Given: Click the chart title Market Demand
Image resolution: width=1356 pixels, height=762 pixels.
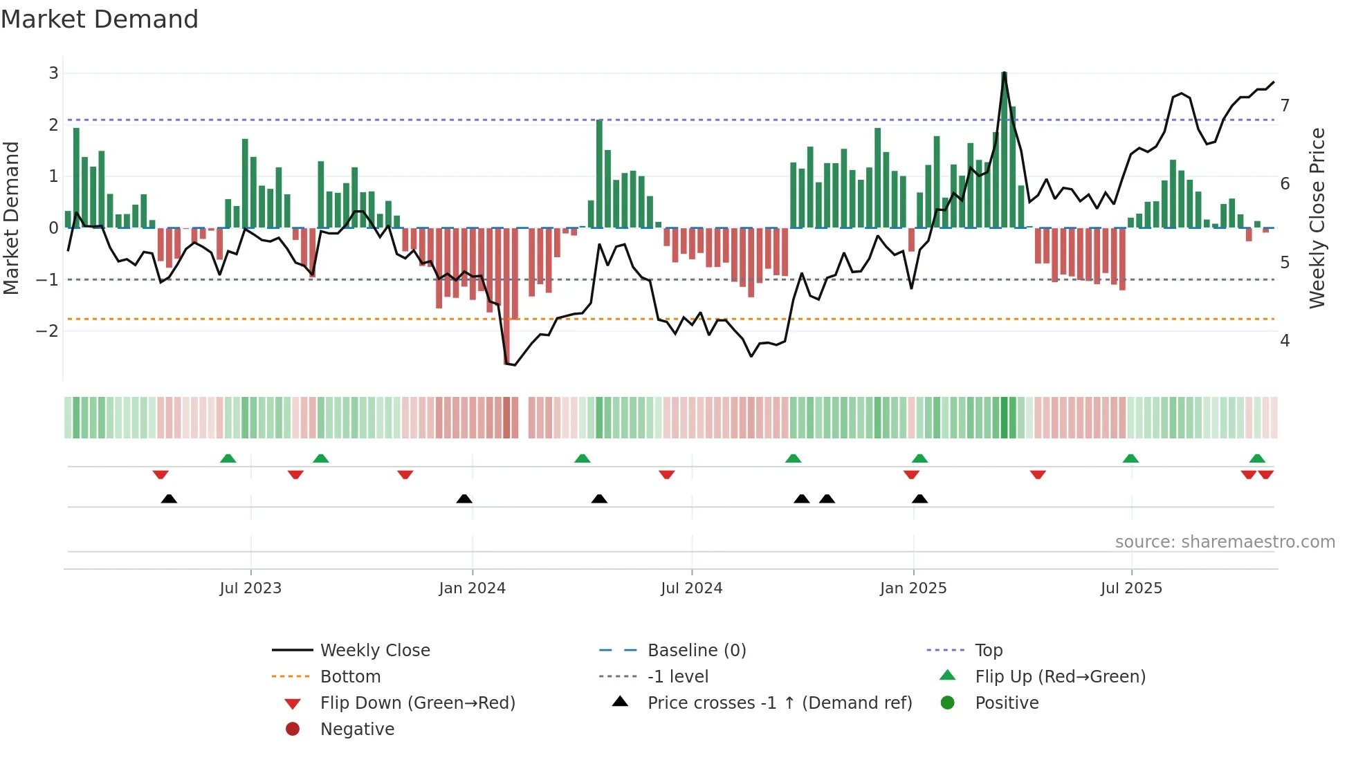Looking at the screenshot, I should click(100, 19).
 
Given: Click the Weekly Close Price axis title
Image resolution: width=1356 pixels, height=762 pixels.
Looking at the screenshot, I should click(1317, 218).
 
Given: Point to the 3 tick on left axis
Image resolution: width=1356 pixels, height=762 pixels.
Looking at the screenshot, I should click(53, 73).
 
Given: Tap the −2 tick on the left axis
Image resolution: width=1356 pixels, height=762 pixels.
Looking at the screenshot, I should click(47, 331).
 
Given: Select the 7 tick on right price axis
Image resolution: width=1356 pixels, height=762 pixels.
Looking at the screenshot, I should click(1285, 106).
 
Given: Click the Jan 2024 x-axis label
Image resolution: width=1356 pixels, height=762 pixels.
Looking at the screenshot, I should click(472, 588).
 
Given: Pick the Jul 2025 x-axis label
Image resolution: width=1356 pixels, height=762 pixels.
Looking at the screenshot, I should click(1131, 588).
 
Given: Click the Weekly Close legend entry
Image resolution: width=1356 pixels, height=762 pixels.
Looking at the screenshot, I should click(374, 651).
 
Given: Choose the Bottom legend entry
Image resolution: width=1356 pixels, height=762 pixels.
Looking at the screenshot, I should click(350, 677).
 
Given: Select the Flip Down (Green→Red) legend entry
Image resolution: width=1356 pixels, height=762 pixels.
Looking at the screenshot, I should click(417, 703).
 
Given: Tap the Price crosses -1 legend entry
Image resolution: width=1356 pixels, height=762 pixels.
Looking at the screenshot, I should click(779, 703).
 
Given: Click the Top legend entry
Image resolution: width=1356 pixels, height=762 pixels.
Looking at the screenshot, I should click(988, 651).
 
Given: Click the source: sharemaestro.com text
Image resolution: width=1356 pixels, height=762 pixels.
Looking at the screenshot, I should click(1225, 542).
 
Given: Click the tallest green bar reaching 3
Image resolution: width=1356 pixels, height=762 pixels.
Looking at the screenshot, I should click(1004, 149).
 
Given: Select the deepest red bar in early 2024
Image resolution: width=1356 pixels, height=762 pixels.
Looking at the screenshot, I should click(506, 296).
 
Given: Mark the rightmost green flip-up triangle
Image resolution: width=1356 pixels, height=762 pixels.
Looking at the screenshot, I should click(1257, 458).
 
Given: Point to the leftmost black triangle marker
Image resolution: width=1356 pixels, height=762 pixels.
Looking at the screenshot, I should click(169, 499).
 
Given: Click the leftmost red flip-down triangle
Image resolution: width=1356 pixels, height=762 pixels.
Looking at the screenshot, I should click(161, 474).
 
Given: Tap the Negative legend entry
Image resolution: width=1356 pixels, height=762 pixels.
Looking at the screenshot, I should click(357, 730).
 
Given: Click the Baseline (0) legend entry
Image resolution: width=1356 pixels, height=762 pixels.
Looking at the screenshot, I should click(696, 651).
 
